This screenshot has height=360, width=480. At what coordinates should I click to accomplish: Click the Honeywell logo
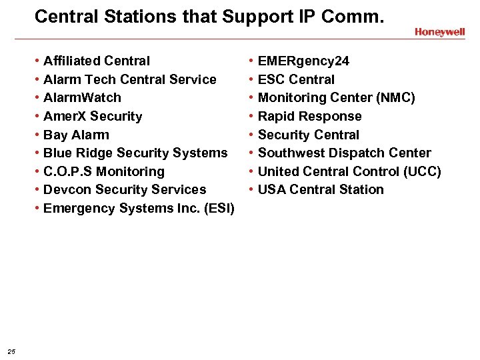click(439, 32)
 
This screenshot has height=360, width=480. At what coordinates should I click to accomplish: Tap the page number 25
click(11, 351)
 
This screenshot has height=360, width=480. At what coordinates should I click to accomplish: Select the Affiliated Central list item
click(97, 61)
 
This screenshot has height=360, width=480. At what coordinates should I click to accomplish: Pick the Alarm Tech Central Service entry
click(129, 79)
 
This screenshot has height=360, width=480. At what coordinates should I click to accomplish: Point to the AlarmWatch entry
click(82, 98)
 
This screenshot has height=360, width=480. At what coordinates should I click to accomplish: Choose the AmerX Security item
click(93, 116)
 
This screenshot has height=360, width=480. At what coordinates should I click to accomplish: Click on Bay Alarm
click(76, 135)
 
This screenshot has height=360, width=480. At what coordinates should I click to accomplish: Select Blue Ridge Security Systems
click(135, 153)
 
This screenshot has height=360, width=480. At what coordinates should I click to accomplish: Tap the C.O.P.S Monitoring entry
click(103, 171)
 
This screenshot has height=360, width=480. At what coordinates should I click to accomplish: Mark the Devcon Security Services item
click(125, 189)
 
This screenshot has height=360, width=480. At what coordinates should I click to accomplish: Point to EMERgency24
click(303, 61)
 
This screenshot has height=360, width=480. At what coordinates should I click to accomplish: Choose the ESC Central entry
click(296, 79)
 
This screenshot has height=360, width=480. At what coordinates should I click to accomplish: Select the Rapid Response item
click(309, 116)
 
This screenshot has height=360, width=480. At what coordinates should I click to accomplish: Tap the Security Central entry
click(308, 135)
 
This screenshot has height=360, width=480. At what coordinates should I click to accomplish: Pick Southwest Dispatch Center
click(344, 153)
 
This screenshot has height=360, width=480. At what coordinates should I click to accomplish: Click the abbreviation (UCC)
click(422, 171)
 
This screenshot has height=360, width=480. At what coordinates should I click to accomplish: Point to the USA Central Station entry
click(321, 189)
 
